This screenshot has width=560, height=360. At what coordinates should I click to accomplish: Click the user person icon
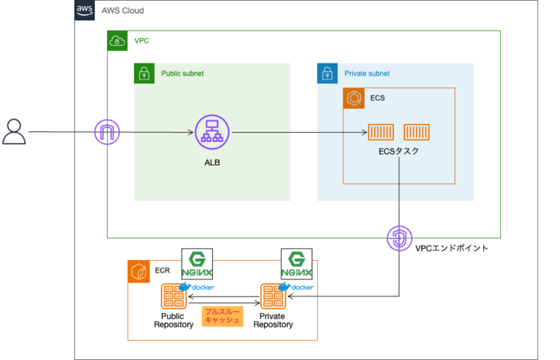point(14,132)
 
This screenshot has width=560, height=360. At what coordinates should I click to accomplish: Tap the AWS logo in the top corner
point(85,10)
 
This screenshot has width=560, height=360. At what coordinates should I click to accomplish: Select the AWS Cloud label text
point(122,11)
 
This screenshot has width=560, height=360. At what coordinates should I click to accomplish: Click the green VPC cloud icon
point(117,41)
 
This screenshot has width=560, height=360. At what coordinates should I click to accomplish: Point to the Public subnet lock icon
point(144,73)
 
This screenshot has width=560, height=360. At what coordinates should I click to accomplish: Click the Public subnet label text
point(182,74)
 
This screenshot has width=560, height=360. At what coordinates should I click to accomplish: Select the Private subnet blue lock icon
point(327,73)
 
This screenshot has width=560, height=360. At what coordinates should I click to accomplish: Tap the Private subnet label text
point(367,74)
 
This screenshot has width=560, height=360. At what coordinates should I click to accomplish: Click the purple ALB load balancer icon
point(211,133)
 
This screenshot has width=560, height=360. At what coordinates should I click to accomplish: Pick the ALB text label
point(211,162)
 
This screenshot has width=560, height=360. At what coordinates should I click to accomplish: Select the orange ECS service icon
point(354,98)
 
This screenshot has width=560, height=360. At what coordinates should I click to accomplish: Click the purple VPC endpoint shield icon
point(398,238)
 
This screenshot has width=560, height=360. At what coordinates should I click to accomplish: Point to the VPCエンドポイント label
point(451,249)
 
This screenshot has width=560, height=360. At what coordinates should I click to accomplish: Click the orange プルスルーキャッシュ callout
point(222,315)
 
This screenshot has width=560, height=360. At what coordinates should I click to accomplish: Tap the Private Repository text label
point(273,320)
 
